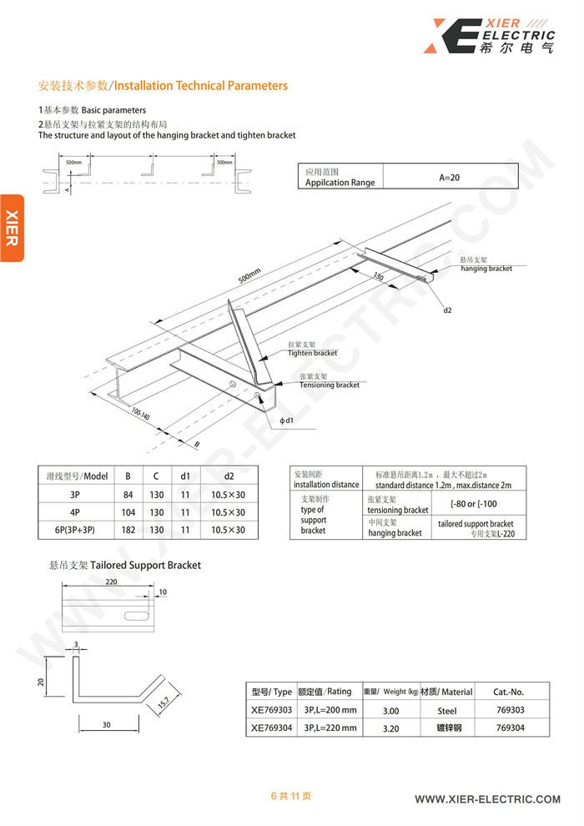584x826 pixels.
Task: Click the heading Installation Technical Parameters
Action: coord(200,86)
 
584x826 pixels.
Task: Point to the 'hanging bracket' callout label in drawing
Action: coord(486,269)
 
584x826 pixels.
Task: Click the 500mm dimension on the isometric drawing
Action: coord(249,276)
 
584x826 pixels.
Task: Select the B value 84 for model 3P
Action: coord(128,495)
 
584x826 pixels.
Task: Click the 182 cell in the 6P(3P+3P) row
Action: coord(128,530)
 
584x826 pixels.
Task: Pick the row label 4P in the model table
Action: coord(75,512)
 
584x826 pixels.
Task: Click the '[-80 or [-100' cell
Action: coord(473,503)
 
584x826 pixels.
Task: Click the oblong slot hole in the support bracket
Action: coord(134,616)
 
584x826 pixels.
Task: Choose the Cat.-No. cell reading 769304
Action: coord(509,728)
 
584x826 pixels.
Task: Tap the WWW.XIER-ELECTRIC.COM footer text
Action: coord(488,799)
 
